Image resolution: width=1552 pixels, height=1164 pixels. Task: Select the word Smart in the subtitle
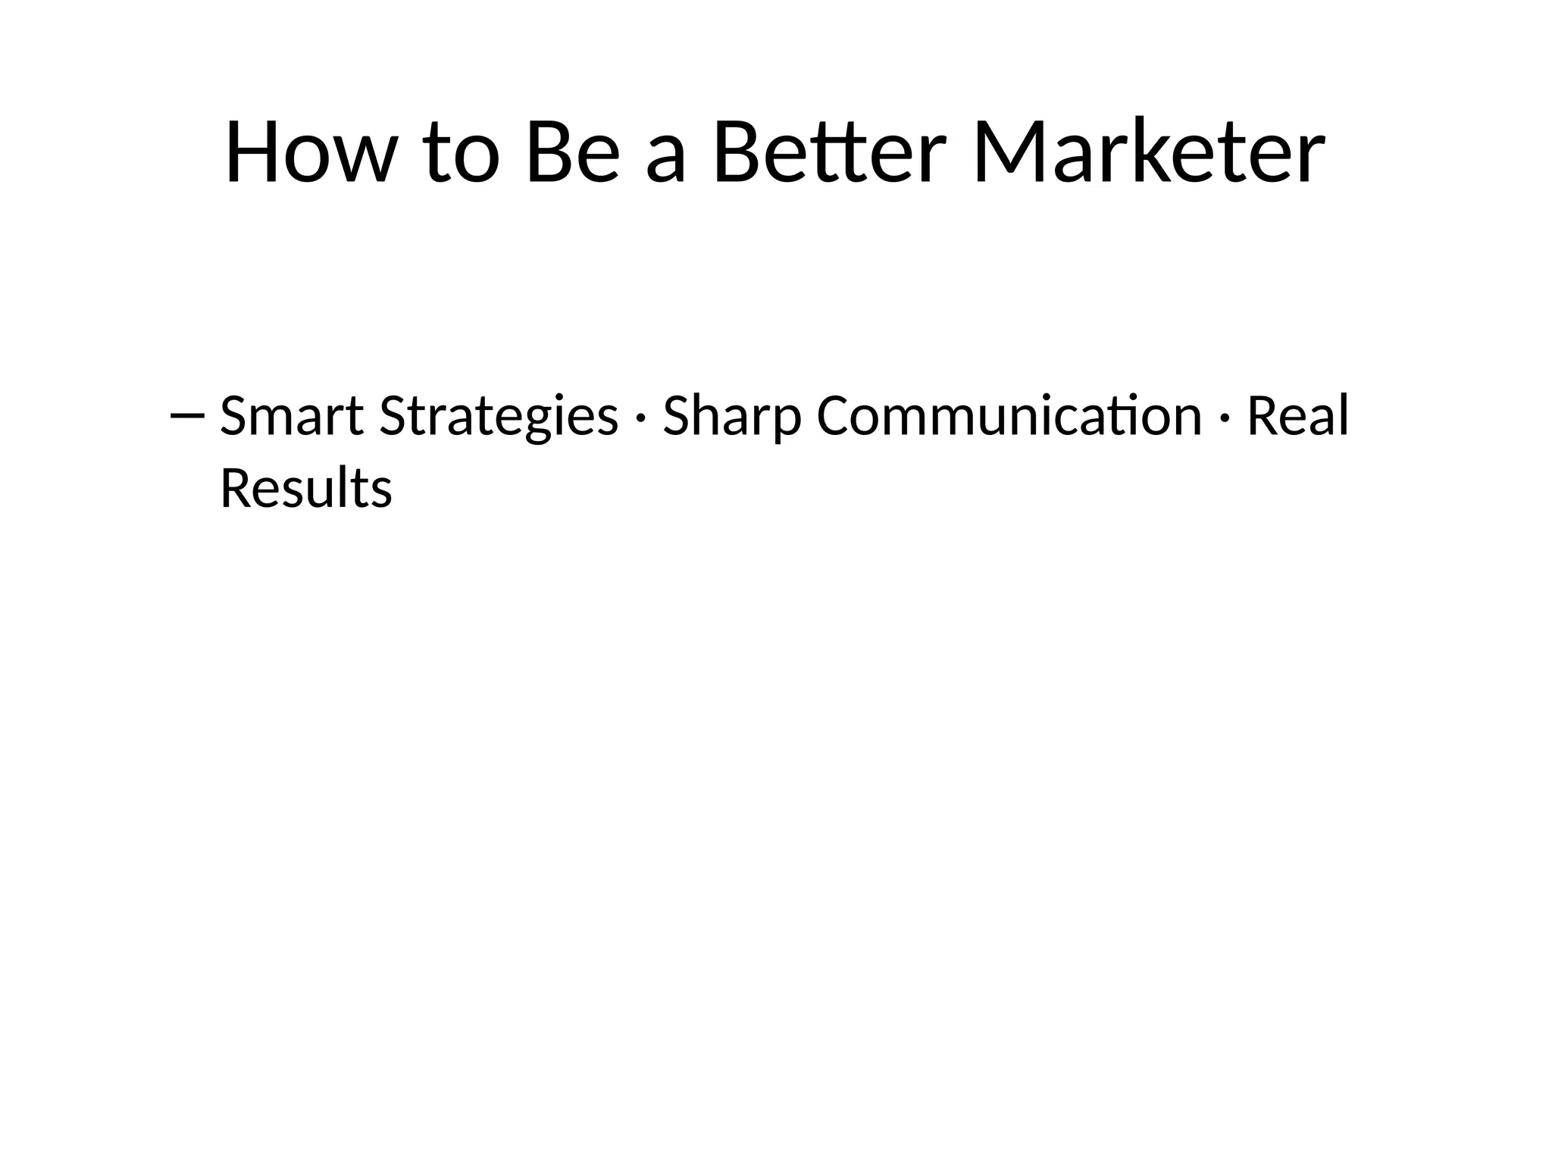click(x=292, y=416)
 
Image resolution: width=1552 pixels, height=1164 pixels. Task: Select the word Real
click(x=1297, y=416)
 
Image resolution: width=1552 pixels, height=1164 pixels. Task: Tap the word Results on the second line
click(x=305, y=488)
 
